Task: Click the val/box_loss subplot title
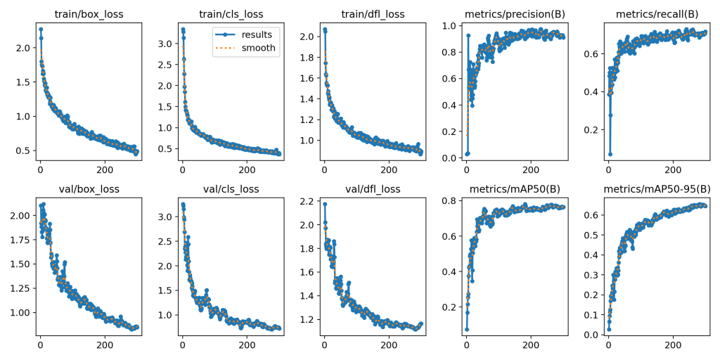88,188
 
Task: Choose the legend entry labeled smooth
259,49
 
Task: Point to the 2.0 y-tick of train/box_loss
24,48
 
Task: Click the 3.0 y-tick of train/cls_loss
167,44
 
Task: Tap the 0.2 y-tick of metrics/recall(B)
593,130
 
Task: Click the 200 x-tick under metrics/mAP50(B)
531,345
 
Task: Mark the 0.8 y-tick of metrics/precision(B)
451,52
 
